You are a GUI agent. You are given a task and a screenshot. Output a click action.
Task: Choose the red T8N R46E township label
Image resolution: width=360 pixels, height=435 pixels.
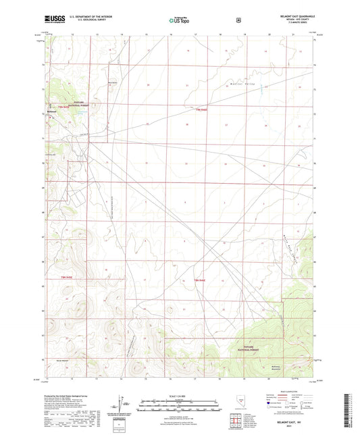[201, 280]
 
